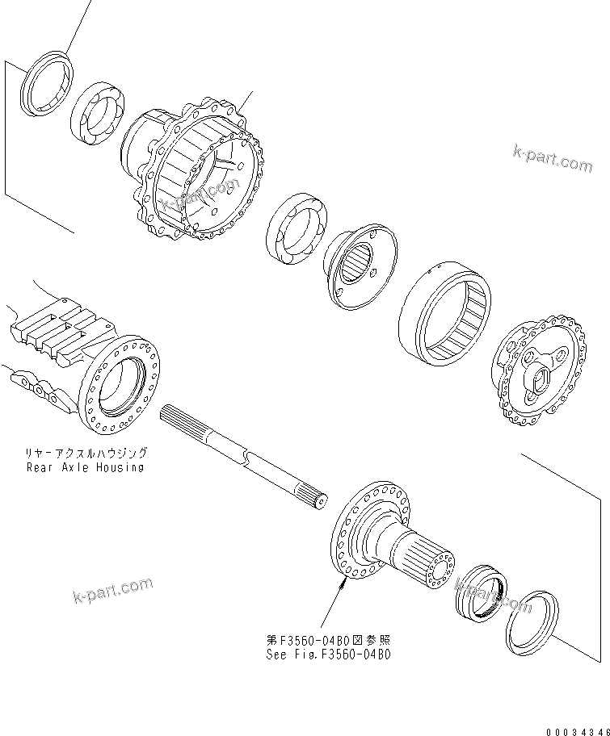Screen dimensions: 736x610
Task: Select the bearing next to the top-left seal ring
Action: pyautogui.click(x=98, y=112)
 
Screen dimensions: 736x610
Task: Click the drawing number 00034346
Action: pyautogui.click(x=575, y=731)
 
